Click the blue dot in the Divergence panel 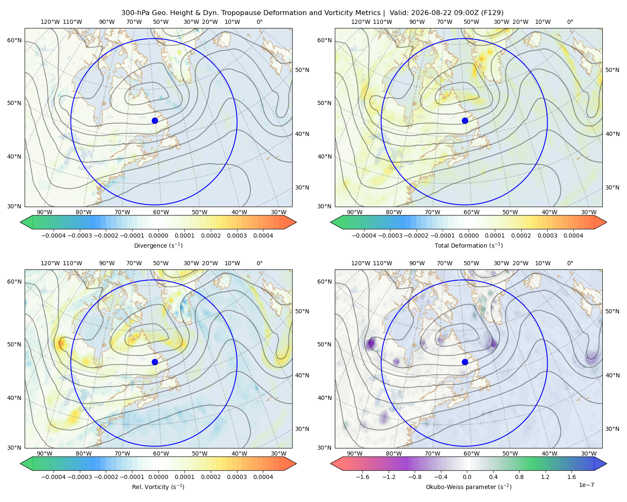(155, 120)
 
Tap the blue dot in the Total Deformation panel (465, 120)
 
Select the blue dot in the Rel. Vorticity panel (155, 362)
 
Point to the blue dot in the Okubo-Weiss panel (465, 362)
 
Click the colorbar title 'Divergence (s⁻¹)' (158, 245)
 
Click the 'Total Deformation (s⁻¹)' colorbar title (469, 245)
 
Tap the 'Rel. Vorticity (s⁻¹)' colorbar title (158, 487)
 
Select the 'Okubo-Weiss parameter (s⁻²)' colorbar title (469, 487)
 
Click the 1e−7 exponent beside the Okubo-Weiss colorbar (586, 485)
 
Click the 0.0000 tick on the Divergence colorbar (158, 236)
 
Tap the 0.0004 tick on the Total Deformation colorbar (573, 236)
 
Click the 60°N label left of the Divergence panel (14, 40)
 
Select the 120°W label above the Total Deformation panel (360, 22)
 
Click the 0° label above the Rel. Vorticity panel (260, 263)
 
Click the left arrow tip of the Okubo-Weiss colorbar (331, 464)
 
